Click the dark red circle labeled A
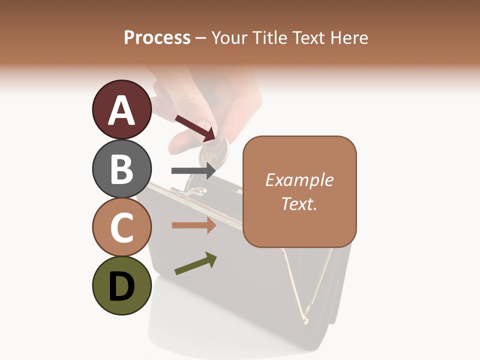tap(121, 109)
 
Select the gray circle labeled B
tap(121, 168)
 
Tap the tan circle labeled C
tap(121, 227)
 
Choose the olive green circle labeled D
tap(121, 286)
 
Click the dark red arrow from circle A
tap(195, 127)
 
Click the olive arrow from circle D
tap(195, 263)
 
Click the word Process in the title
tap(157, 38)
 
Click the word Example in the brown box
tap(299, 180)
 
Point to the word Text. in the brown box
tap(299, 203)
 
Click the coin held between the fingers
tap(213, 150)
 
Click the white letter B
tap(121, 169)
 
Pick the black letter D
tap(121, 286)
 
